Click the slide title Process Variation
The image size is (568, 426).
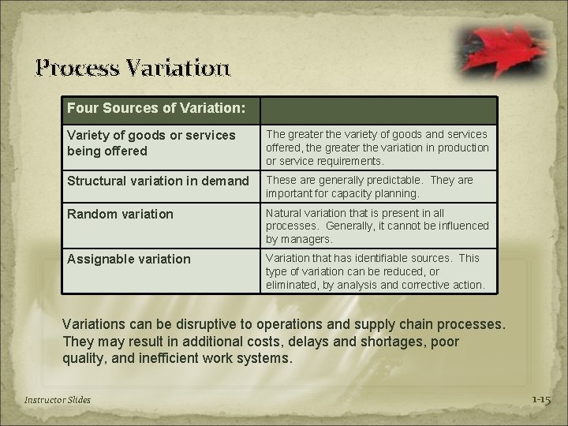133,67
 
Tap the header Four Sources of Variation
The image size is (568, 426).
155,106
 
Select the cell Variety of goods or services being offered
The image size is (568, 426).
151,143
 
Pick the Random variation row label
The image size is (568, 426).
120,214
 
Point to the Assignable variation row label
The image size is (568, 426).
129,259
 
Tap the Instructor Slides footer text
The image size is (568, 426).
58,400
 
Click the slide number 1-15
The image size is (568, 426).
540,400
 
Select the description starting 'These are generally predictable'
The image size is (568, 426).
370,186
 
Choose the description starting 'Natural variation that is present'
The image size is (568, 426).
377,226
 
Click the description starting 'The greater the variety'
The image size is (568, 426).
377,148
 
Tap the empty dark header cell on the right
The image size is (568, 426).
379,110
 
